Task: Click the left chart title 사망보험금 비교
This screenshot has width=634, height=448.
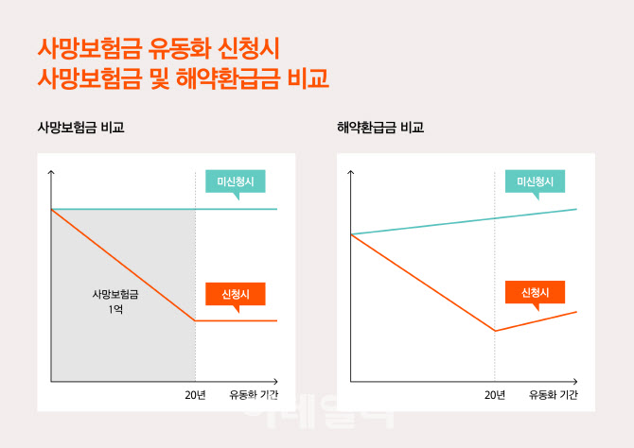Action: click(80, 128)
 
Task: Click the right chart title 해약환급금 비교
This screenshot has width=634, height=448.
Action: click(380, 128)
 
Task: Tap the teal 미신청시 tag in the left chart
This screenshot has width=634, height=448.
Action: click(236, 181)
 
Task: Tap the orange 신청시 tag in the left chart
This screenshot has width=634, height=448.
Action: click(236, 294)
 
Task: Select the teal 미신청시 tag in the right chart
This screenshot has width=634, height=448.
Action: click(535, 181)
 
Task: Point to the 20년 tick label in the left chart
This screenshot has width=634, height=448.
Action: click(195, 395)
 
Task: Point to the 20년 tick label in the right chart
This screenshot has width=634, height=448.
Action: click(495, 395)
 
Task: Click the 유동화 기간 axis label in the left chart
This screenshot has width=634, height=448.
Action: click(254, 395)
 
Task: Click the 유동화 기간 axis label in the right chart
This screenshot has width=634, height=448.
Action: click(554, 395)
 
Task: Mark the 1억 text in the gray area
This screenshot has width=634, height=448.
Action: click(115, 309)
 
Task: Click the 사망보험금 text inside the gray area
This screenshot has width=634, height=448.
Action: click(115, 294)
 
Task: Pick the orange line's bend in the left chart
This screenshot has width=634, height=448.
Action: click(195, 320)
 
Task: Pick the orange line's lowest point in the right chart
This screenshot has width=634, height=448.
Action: click(495, 331)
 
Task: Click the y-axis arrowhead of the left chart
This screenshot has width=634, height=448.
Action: click(51, 173)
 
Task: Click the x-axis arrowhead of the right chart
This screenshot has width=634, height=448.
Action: click(575, 381)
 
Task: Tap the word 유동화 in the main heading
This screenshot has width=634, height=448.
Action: click(179, 49)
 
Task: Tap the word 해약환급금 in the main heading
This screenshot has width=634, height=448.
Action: click(228, 78)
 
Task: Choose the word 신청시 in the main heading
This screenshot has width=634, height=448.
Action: click(249, 49)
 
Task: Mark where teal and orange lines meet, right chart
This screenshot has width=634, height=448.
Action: click(351, 234)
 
